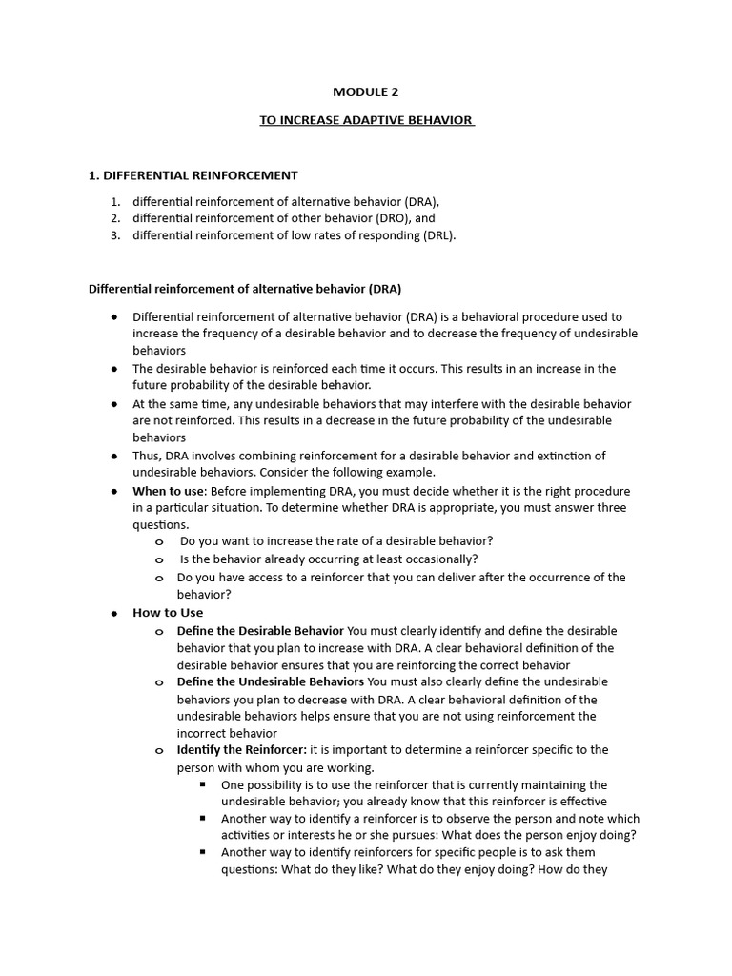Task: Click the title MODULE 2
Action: pos(366,92)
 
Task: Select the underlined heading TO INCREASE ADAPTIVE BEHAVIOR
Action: pos(367,120)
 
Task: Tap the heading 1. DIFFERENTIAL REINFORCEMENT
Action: pos(193,175)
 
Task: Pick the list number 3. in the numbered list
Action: pos(114,235)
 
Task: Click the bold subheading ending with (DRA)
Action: pos(245,288)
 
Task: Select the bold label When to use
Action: pos(166,491)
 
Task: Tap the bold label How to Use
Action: pos(168,613)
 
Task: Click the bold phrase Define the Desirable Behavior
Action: pos(260,631)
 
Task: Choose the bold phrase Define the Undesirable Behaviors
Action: pos(270,682)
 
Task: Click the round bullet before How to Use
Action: pos(114,613)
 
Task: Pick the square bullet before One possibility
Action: pos(203,784)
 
